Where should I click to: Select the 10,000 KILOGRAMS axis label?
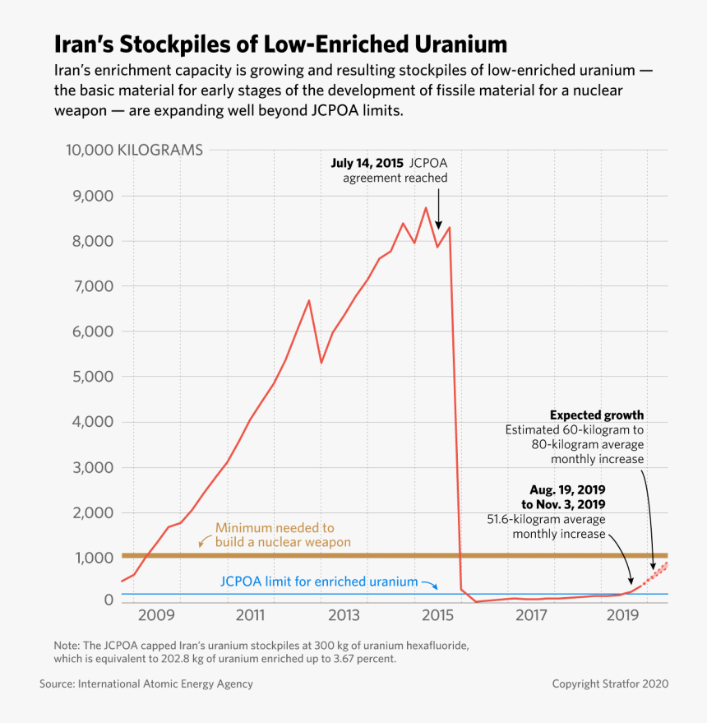click(134, 151)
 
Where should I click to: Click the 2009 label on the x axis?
click(156, 615)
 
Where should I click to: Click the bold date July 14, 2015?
click(367, 163)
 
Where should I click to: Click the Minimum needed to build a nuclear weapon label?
click(282, 535)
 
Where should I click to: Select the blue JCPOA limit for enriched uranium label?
click(319, 582)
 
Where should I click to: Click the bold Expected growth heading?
click(597, 415)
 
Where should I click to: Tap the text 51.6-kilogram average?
click(546, 519)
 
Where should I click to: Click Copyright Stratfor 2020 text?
click(610, 684)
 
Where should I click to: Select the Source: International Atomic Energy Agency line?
click(146, 684)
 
